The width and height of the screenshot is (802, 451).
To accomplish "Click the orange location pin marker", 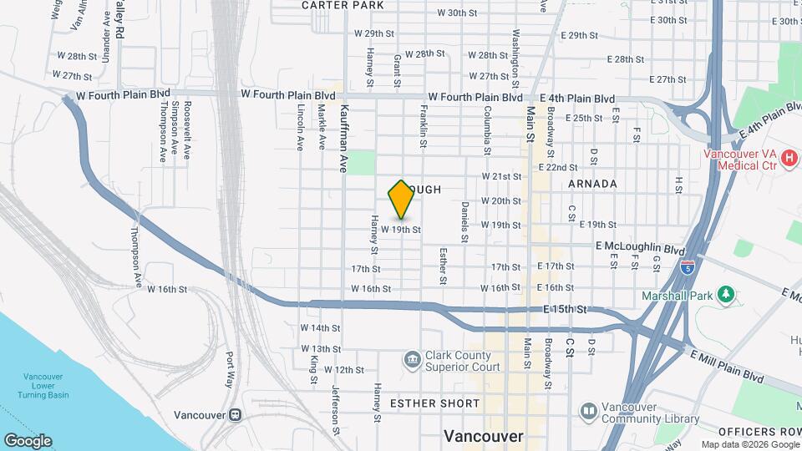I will pyautogui.click(x=401, y=200).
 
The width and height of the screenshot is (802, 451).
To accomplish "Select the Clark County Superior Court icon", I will pyautogui.click(x=412, y=360).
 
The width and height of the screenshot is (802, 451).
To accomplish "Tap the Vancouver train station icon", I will pyautogui.click(x=236, y=414).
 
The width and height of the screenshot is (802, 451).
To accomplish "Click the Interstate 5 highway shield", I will pyautogui.click(x=687, y=267).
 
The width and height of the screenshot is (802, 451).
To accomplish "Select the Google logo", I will pyautogui.click(x=28, y=441).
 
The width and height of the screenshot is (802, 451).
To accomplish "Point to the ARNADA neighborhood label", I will pyautogui.click(x=592, y=184).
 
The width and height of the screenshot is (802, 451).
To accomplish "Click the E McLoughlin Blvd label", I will pyautogui.click(x=640, y=248).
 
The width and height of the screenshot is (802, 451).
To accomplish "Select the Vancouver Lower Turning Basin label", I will pyautogui.click(x=46, y=385).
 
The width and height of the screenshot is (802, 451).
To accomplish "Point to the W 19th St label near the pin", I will pyautogui.click(x=400, y=228).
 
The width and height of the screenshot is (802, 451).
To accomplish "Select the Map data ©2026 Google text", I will pyautogui.click(x=749, y=444).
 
